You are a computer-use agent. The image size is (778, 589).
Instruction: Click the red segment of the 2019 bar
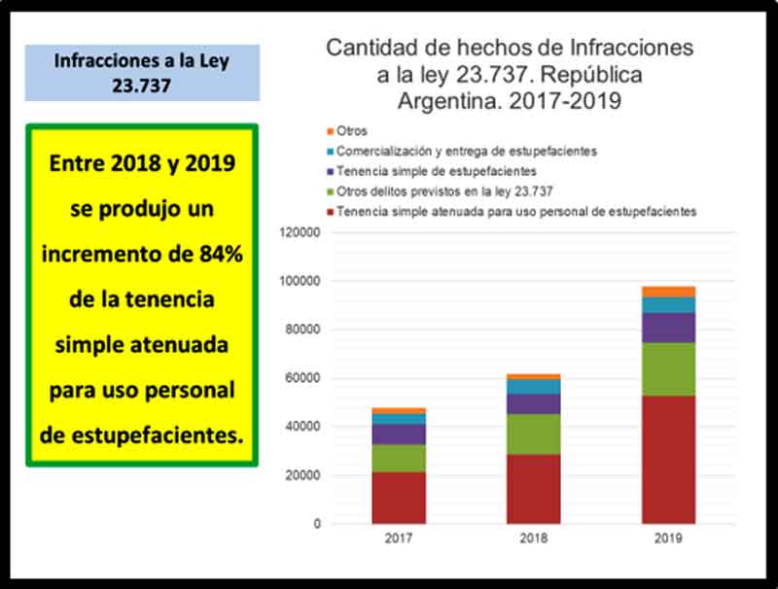(x=668, y=459)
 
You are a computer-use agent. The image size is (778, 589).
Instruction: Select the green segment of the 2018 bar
(x=533, y=434)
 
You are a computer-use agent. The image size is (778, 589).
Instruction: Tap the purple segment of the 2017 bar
(x=399, y=433)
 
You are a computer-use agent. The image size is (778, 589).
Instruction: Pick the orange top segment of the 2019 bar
(x=668, y=292)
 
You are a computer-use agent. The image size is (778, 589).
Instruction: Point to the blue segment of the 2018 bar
(x=533, y=386)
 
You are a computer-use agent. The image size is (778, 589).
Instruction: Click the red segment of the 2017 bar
(x=399, y=498)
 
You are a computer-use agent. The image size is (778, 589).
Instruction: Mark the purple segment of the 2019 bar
(x=668, y=327)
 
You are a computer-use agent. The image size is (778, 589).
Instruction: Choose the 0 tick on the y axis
(x=316, y=524)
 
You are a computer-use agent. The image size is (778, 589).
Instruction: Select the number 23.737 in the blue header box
(x=141, y=84)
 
